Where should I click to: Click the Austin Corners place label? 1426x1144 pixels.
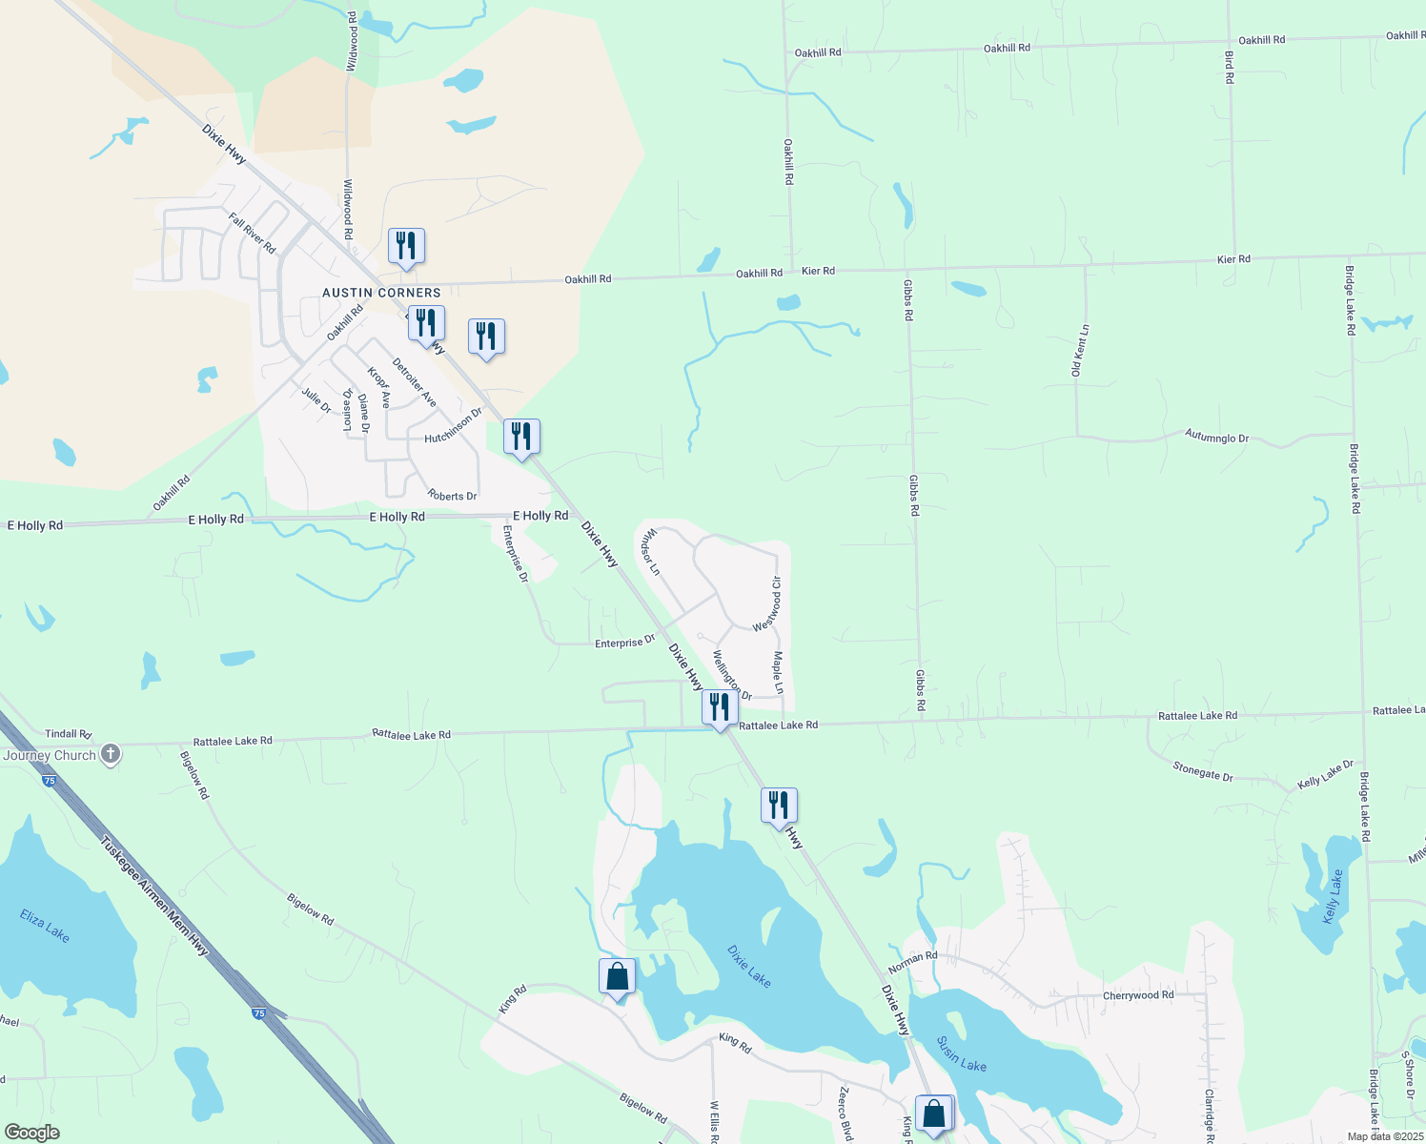(x=381, y=293)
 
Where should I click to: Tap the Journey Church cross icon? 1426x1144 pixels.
(x=111, y=755)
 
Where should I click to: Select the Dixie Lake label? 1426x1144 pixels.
(x=748, y=966)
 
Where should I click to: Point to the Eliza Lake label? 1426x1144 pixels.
(x=45, y=925)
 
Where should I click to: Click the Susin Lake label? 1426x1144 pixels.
(x=961, y=1053)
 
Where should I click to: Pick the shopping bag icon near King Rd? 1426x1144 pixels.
(x=617, y=977)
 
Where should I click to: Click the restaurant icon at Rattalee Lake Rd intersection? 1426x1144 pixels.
(x=720, y=706)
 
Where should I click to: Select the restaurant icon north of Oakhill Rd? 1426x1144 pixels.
(x=406, y=246)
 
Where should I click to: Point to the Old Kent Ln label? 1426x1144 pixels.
(x=1080, y=351)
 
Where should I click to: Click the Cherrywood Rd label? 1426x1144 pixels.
(x=1138, y=995)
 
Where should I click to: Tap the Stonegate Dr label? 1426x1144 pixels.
(x=1203, y=771)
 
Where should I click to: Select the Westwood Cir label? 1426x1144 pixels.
(x=767, y=603)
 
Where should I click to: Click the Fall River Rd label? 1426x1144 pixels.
(x=252, y=234)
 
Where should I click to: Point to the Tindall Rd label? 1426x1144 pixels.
(x=68, y=734)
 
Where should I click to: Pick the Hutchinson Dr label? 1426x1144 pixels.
(x=454, y=425)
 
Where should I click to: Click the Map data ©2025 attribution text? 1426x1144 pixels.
(x=1384, y=1136)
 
